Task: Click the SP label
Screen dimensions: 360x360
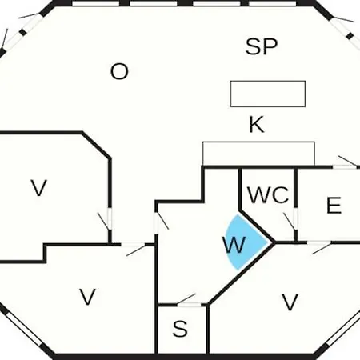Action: (262, 46)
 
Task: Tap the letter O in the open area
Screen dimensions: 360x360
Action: (119, 71)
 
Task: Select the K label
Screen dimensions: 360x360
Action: (257, 124)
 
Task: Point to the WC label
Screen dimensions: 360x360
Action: (268, 194)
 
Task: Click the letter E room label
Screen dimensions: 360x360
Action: (334, 205)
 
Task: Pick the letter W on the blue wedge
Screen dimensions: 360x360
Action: (234, 245)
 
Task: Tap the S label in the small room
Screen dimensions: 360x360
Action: (180, 329)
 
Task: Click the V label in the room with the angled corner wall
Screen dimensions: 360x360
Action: (39, 188)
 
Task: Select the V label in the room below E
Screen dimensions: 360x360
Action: (290, 302)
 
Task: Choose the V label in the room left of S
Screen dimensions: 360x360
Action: (87, 297)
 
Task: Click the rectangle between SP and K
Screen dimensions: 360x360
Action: (268, 94)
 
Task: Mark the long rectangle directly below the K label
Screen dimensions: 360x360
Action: (258, 154)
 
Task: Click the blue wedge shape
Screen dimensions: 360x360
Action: (244, 242)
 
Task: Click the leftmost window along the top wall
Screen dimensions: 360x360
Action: (95, 3)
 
